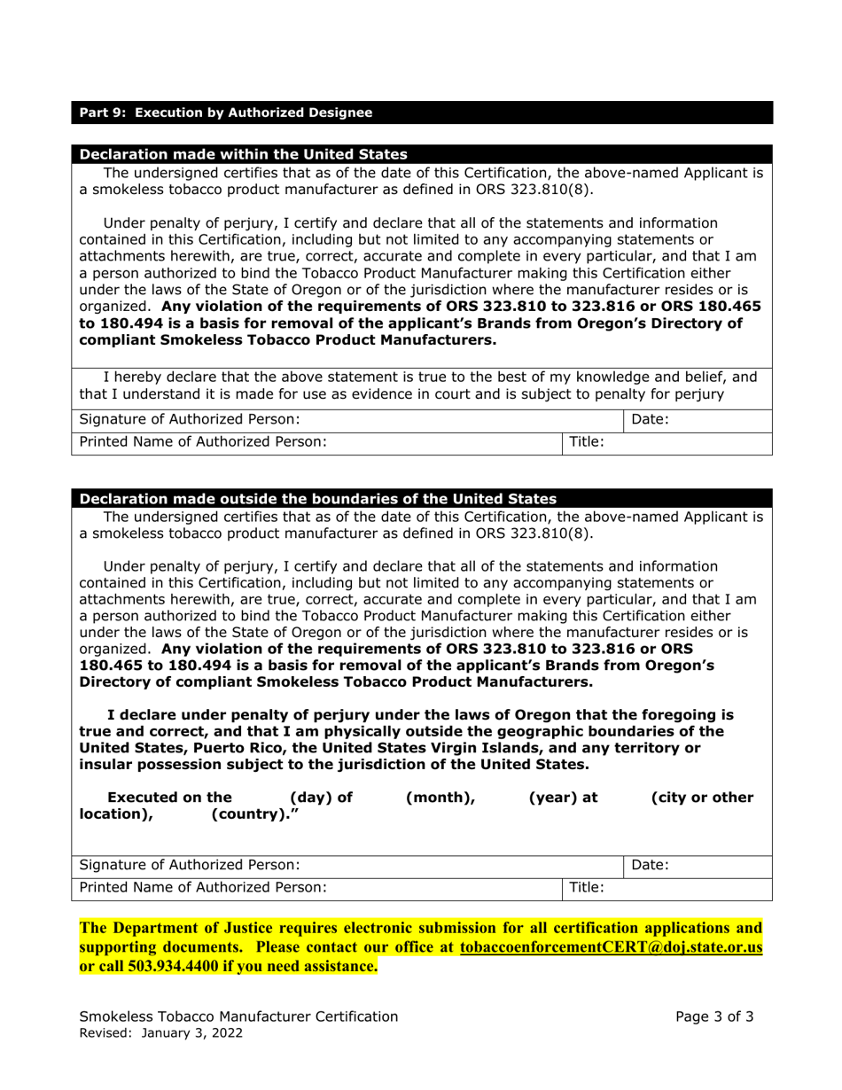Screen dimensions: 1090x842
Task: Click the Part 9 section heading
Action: [226, 113]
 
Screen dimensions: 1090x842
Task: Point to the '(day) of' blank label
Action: [321, 798]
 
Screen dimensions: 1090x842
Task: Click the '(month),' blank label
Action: [440, 798]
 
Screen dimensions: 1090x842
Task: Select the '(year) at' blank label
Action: [563, 798]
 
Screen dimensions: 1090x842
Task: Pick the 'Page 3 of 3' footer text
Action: [714, 1016]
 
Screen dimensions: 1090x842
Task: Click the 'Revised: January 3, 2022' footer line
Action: [162, 1033]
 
